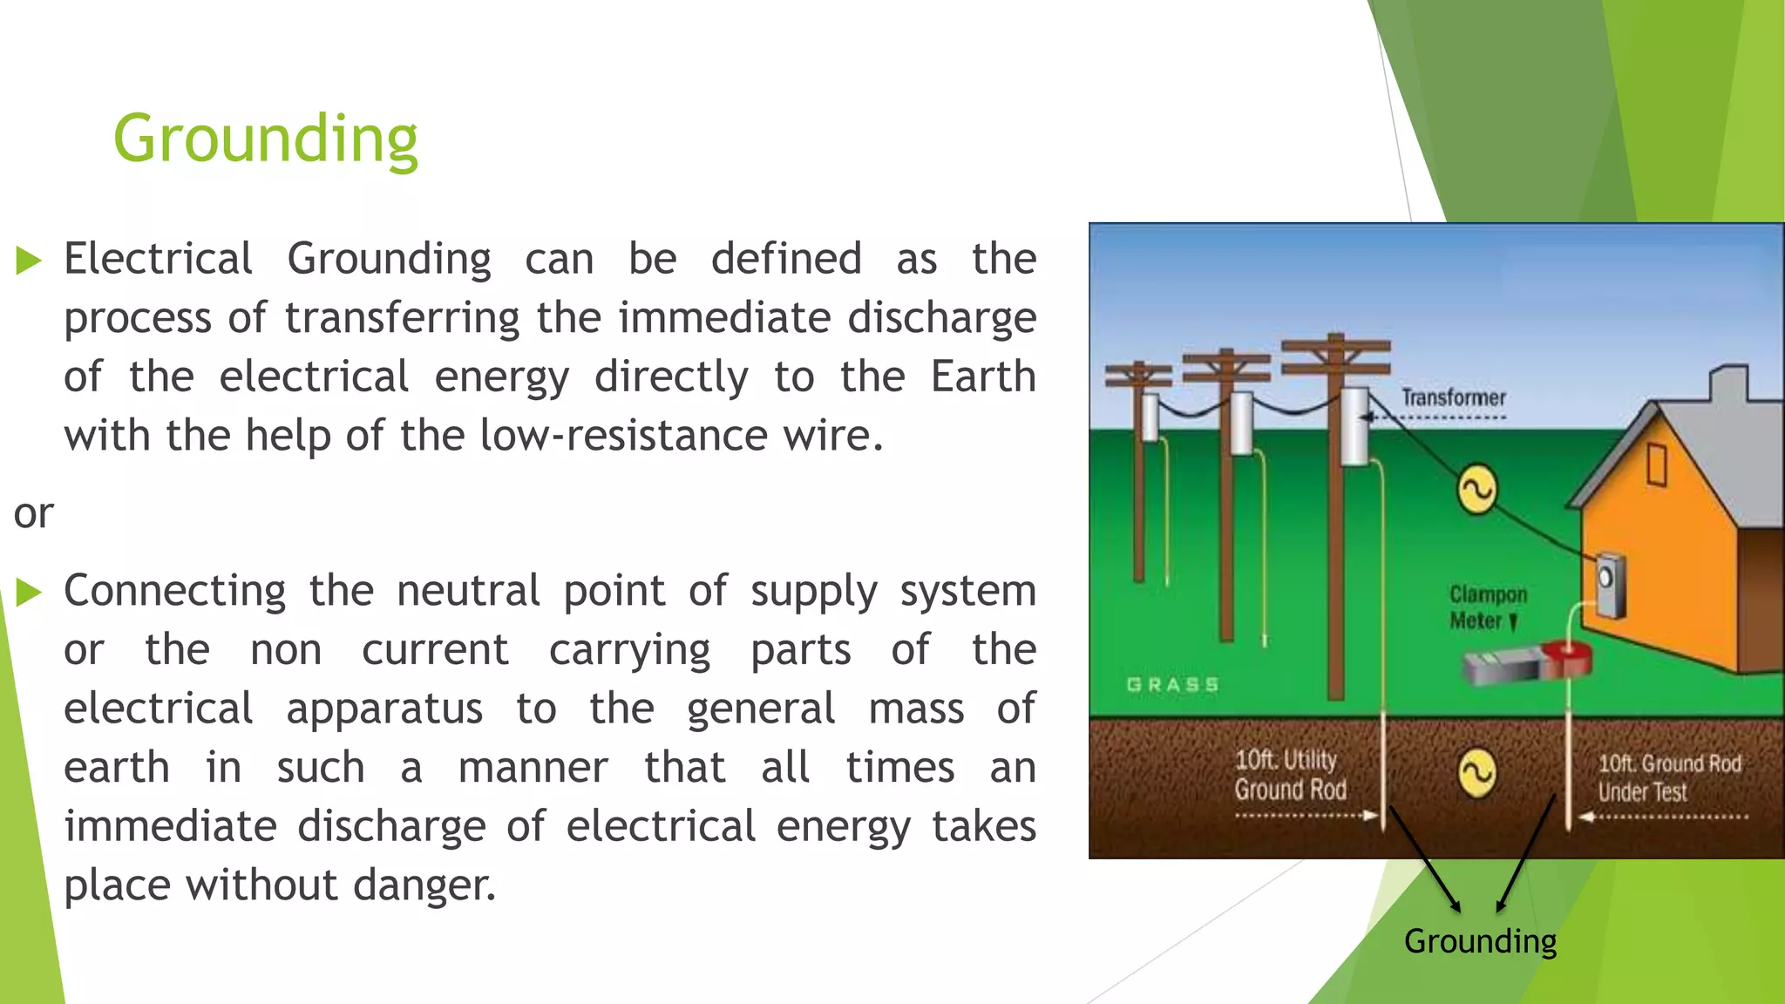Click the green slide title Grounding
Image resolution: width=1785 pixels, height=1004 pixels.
(x=266, y=139)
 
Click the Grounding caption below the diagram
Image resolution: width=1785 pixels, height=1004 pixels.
(x=1480, y=941)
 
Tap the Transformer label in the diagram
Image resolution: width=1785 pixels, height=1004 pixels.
(x=1453, y=398)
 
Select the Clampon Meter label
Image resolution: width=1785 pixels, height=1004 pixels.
(x=1487, y=607)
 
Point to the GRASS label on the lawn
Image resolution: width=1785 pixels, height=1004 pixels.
(x=1172, y=685)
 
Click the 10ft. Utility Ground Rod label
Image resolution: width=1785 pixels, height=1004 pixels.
(x=1289, y=775)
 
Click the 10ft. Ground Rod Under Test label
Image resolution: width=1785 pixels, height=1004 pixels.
(x=1668, y=777)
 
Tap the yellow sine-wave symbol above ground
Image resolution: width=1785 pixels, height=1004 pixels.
(x=1477, y=489)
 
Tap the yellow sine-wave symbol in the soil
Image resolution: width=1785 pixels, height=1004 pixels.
(x=1477, y=773)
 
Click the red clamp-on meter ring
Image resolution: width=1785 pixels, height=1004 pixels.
(x=1567, y=658)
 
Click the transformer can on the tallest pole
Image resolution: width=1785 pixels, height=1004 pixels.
(x=1354, y=427)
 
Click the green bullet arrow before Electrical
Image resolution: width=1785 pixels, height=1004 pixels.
(x=29, y=261)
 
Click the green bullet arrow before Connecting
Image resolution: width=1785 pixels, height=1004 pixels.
(x=29, y=593)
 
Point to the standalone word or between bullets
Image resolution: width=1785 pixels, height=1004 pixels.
(x=33, y=513)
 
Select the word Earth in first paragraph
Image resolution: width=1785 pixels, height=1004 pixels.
(x=982, y=376)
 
